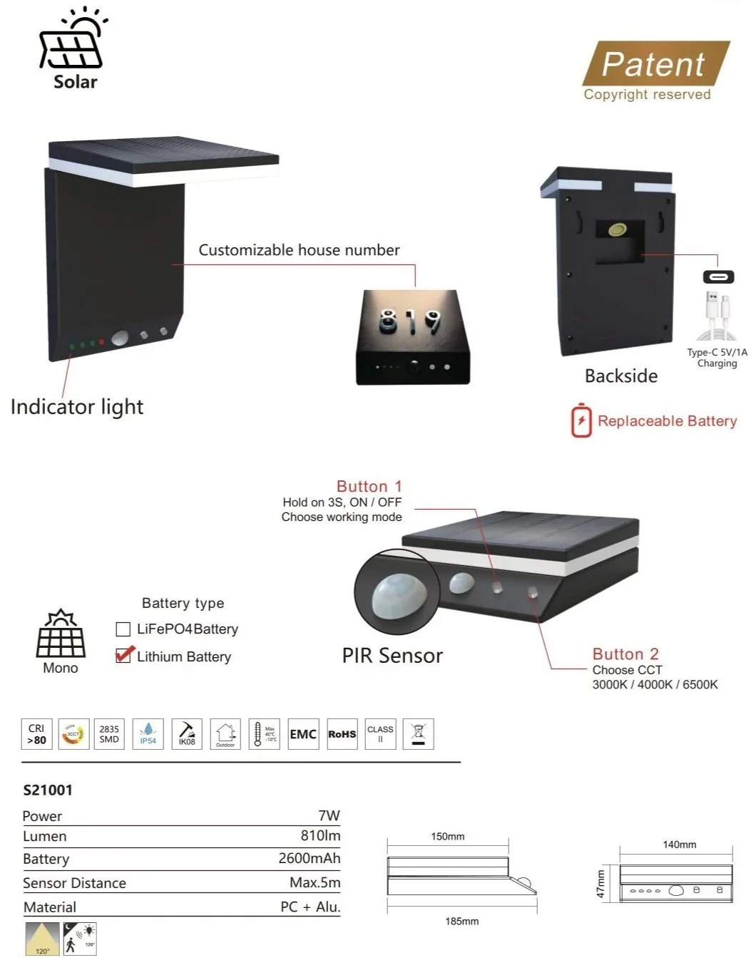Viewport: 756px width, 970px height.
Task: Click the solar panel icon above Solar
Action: tap(72, 44)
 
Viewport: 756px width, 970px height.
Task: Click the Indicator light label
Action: tap(77, 407)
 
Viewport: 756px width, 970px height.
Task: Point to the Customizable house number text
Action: tap(299, 250)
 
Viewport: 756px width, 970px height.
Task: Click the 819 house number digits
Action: tap(409, 321)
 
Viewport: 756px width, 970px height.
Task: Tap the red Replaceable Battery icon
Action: tap(581, 420)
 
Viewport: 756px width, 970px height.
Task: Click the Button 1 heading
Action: tap(369, 486)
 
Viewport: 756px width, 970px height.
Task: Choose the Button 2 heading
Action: tap(625, 654)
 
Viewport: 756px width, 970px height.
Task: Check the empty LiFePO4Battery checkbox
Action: tap(123, 629)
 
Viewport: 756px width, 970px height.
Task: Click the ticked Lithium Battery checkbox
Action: tap(123, 655)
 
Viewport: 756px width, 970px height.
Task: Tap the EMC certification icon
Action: tap(303, 734)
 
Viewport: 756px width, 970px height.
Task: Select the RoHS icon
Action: tap(342, 734)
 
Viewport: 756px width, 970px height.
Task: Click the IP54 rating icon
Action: tap(148, 734)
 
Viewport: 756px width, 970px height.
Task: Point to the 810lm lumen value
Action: tap(320, 835)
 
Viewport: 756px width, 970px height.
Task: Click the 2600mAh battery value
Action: tap(310, 858)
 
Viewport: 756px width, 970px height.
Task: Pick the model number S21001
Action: tap(48, 790)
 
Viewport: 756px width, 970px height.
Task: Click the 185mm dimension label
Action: tap(461, 922)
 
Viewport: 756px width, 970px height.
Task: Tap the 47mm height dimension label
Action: tap(601, 884)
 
